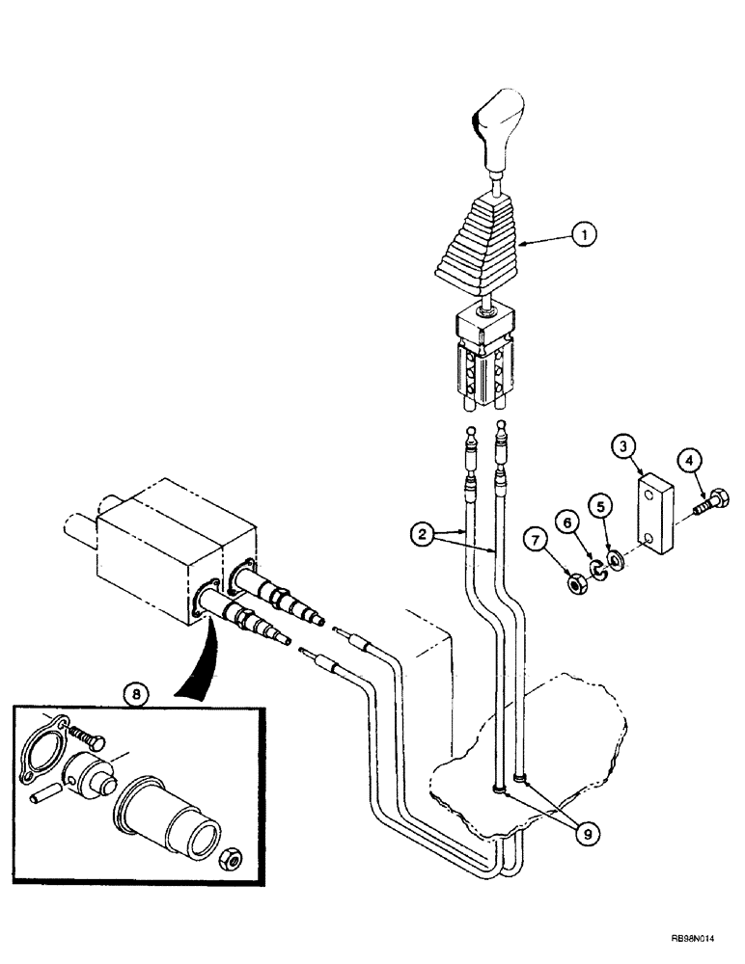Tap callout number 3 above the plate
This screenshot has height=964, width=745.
click(x=624, y=445)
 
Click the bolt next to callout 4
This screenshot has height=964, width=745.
click(x=711, y=500)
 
